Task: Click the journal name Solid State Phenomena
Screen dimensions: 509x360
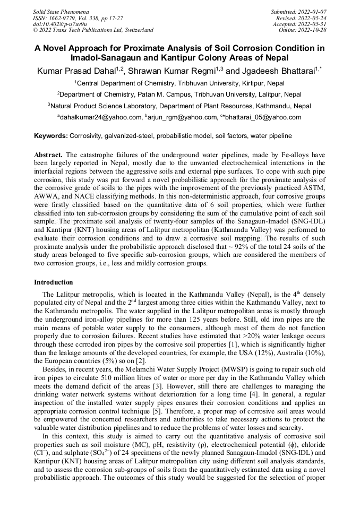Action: [x=61, y=11]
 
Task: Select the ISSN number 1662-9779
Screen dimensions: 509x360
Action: [x=66, y=18]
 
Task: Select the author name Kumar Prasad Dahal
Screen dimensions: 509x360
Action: [x=77, y=71]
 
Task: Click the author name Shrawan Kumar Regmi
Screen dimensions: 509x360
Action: [x=173, y=71]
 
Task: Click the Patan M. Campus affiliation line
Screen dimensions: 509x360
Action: [x=179, y=94]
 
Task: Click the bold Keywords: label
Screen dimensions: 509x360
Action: [x=51, y=136]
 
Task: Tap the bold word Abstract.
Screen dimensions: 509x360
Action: [x=48, y=154]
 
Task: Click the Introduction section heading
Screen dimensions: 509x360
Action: [x=54, y=282]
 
